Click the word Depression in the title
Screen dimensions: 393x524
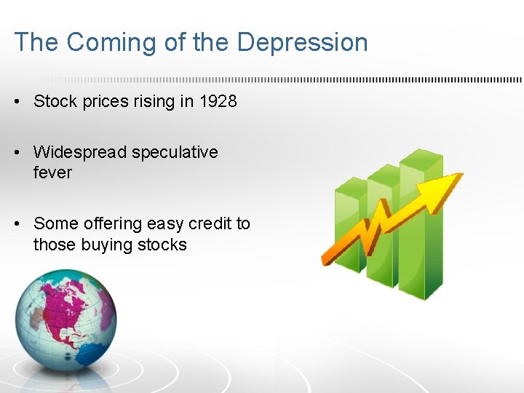coord(302,42)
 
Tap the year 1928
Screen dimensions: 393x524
coord(218,101)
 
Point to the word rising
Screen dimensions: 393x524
coord(154,101)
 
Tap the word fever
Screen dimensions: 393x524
coord(52,172)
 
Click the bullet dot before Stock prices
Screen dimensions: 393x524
coord(17,102)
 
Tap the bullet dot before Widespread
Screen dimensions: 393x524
coord(17,153)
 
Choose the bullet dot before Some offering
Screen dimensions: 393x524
coord(17,224)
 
